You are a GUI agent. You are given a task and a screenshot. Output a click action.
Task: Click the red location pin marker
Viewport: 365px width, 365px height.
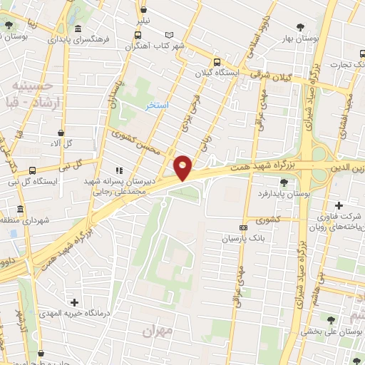click(x=183, y=167)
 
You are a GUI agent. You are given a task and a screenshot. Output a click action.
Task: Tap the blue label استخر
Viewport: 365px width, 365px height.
click(x=156, y=106)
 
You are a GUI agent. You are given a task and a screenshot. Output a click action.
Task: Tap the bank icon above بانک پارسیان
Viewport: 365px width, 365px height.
click(x=244, y=228)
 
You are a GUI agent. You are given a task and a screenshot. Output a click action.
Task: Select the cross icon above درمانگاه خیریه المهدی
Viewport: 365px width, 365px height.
click(x=75, y=303)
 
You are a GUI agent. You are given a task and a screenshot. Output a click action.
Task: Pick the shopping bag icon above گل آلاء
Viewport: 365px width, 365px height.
click(x=60, y=132)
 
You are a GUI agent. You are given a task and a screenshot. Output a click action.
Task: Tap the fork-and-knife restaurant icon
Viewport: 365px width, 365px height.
click(x=118, y=170)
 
